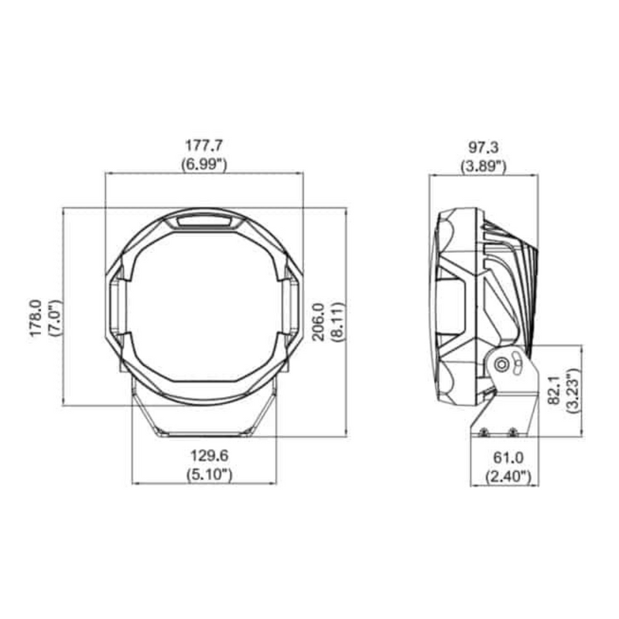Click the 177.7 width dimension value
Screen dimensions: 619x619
click(204, 145)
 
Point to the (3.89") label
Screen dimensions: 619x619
click(483, 165)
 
